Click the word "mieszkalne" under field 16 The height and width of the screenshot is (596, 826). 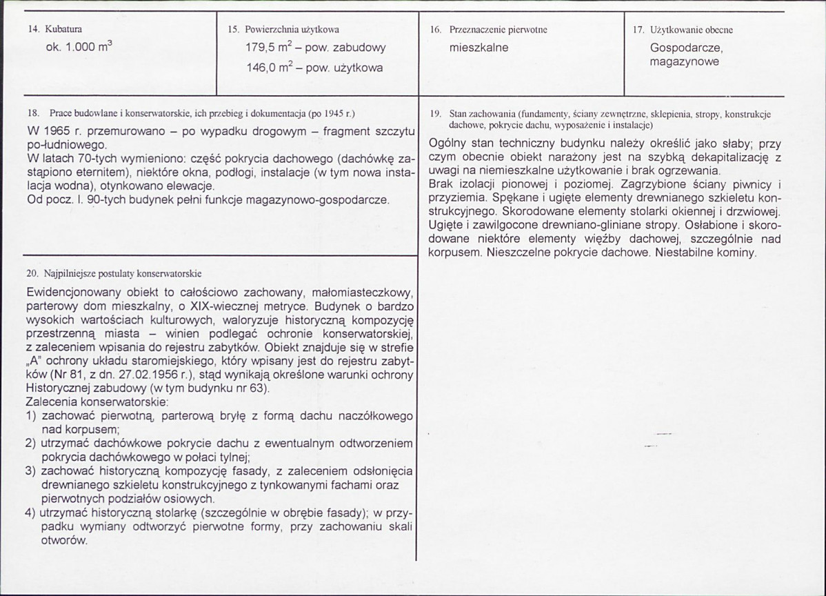point(479,48)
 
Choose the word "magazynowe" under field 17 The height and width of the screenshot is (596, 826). point(684,61)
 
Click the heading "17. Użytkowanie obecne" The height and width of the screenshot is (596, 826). point(683,30)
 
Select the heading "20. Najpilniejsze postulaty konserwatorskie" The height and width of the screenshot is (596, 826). point(114,273)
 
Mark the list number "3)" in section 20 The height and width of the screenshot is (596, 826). point(30,471)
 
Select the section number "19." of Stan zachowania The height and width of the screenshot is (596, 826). point(434,113)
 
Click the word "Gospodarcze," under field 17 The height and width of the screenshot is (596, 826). point(686,49)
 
